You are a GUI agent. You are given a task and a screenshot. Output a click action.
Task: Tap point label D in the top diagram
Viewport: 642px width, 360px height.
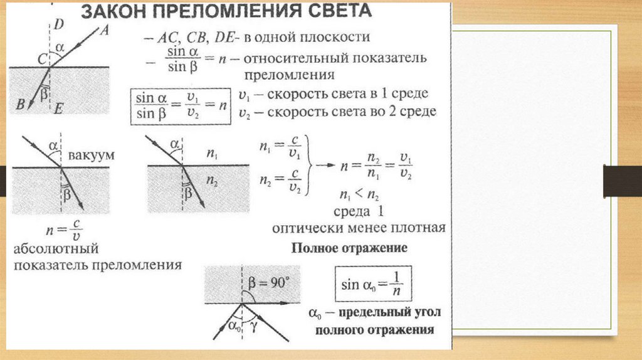pos(58,25)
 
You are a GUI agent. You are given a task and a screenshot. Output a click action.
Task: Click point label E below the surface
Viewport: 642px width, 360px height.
pos(58,109)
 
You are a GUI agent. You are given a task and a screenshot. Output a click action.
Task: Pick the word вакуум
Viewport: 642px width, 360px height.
pos(92,155)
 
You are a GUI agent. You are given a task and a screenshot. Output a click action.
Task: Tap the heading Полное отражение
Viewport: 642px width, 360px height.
pos(349,248)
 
